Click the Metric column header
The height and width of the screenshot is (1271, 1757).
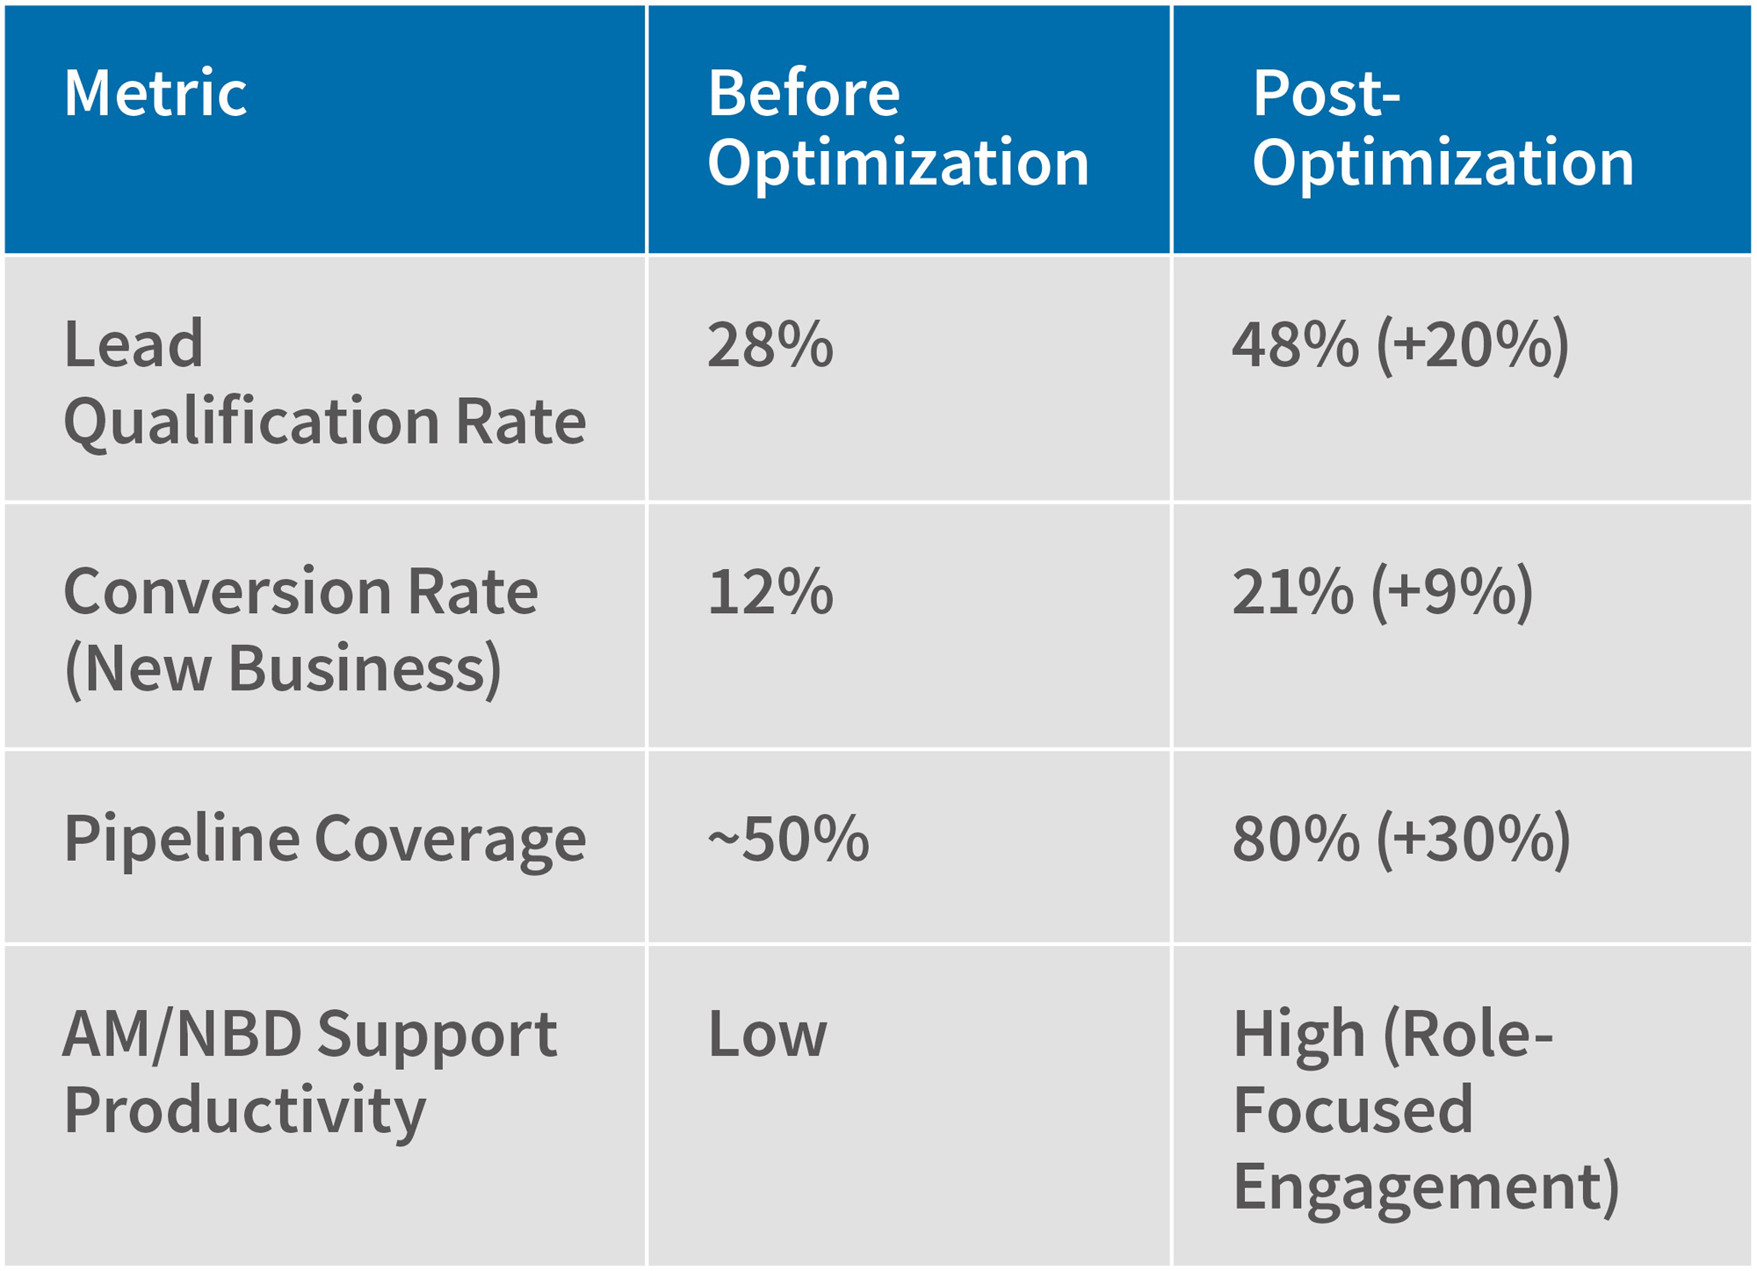155,93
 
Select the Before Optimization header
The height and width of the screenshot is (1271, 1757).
898,128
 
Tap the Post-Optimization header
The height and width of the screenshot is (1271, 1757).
1442,128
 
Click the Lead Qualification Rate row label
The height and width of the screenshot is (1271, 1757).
324,382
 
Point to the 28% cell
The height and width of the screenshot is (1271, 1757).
770,344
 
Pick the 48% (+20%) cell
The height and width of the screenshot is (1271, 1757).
1400,344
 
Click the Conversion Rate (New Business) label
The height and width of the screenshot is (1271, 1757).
300,629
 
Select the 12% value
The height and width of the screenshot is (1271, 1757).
770,591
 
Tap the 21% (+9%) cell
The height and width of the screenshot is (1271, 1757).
1382,591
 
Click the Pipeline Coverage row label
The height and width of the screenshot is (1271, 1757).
324,838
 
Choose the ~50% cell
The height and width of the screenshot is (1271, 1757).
788,838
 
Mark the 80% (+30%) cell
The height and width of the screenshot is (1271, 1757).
1401,838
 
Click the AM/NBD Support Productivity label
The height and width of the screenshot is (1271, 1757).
309,1071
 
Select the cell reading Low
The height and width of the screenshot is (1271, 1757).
767,1034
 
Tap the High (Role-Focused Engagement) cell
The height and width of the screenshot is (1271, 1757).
1425,1109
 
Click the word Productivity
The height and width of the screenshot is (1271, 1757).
244,1110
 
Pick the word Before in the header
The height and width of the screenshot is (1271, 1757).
803,93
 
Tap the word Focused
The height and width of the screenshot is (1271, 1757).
1352,1109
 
